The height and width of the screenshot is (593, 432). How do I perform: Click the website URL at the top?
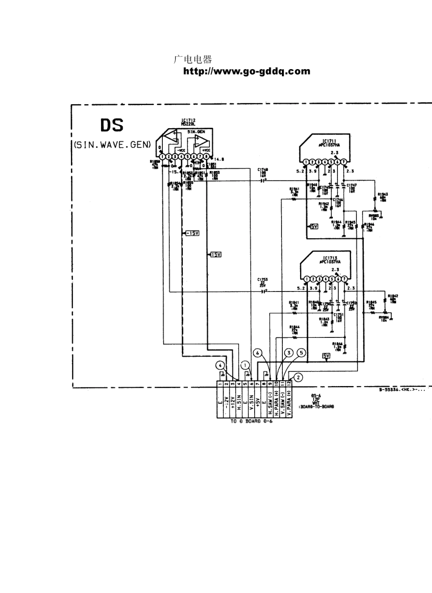tap(246, 71)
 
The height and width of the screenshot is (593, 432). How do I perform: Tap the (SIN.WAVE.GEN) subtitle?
tap(112, 145)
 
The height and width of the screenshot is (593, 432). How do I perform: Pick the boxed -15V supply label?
tap(192, 233)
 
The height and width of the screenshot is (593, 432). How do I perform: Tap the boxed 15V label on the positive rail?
tap(215, 255)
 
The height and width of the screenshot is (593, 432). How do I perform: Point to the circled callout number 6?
tap(258, 353)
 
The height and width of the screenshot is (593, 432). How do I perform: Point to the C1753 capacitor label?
tap(262, 279)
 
